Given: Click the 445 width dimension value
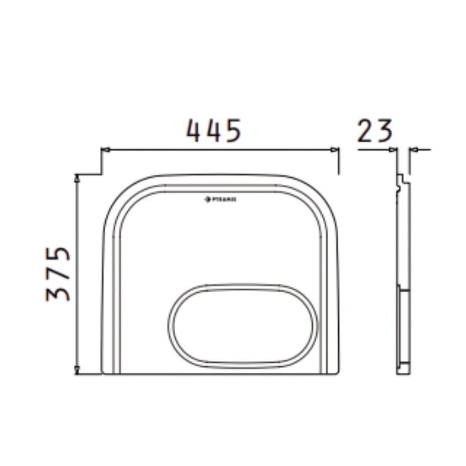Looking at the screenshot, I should click(x=213, y=130).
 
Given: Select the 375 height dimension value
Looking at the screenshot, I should click(x=59, y=274).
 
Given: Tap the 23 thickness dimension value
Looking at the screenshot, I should click(x=375, y=130).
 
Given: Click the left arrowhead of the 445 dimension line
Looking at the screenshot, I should click(x=104, y=150).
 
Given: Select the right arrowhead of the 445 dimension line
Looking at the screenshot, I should click(x=337, y=150).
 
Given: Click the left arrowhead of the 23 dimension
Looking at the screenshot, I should click(x=393, y=150).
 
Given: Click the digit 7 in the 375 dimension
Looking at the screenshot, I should click(x=59, y=274).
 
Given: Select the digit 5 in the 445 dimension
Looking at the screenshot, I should click(x=230, y=130).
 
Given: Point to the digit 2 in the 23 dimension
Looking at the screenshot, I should click(x=366, y=130).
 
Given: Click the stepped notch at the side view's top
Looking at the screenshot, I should click(x=400, y=181).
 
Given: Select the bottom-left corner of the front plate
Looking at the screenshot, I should click(x=102, y=373).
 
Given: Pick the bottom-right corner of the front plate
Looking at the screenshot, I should click(x=340, y=373).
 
